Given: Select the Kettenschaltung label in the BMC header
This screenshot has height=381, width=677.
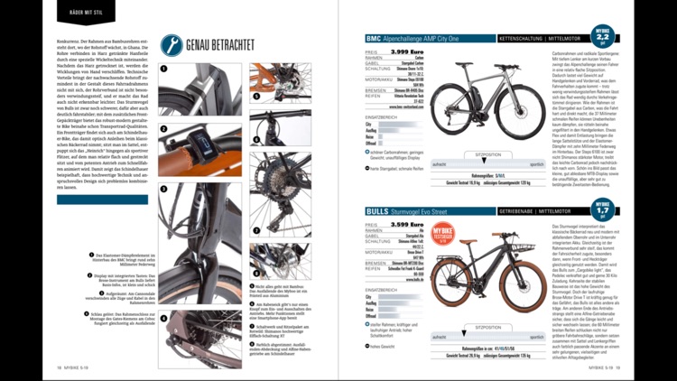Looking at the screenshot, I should pos(518,40).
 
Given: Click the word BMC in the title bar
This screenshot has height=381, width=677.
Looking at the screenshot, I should pos(374,40).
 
